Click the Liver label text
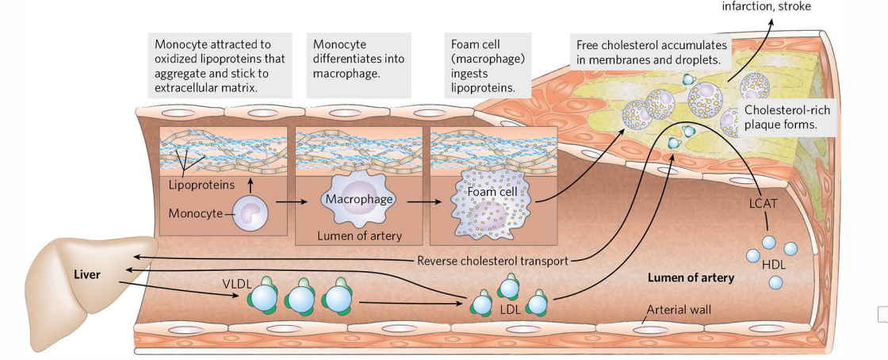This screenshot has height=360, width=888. pyautogui.click(x=86, y=274)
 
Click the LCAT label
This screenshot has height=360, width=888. pyautogui.click(x=765, y=204)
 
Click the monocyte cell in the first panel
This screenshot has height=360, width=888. pyautogui.click(x=250, y=213)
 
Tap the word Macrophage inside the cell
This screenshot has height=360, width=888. pyautogui.click(x=358, y=199)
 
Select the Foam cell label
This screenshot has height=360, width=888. pyautogui.click(x=492, y=193)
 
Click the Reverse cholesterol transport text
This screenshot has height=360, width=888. pyautogui.click(x=492, y=261)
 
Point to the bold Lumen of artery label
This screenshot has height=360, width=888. pyautogui.click(x=691, y=278)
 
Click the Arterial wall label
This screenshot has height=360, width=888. pyautogui.click(x=681, y=309)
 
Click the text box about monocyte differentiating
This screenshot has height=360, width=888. pyautogui.click(x=358, y=58)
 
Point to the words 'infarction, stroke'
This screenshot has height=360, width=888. pyautogui.click(x=766, y=7)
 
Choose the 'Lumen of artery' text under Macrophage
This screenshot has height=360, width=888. pyautogui.click(x=359, y=236)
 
